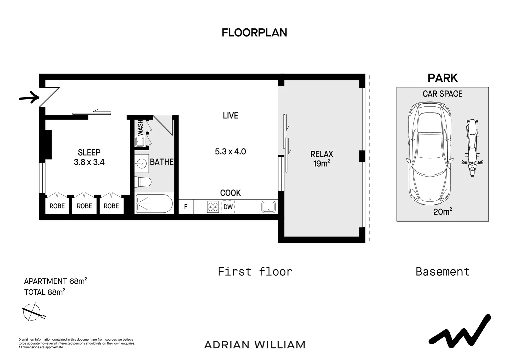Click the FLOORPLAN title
(254, 33)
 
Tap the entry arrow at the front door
(29, 98)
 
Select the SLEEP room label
(89, 152)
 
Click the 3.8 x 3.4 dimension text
(89, 162)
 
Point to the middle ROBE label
(84, 206)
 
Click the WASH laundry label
(141, 128)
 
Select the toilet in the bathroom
(143, 182)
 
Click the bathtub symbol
(154, 204)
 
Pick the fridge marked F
(186, 207)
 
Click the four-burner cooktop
(213, 207)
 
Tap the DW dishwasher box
(228, 207)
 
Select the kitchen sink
(268, 207)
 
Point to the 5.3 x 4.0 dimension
(231, 151)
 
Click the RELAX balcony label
(321, 154)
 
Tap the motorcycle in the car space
(472, 148)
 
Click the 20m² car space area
(442, 211)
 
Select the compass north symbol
(33, 312)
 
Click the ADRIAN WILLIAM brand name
(255, 345)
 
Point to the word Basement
(443, 272)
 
